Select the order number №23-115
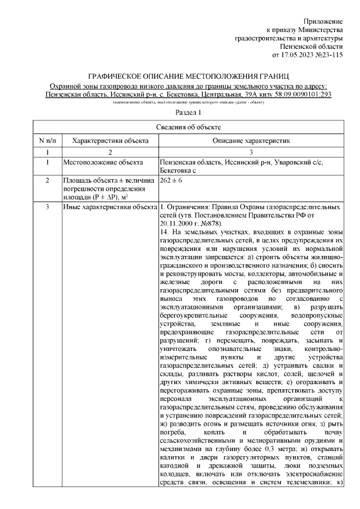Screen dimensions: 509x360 tap(329, 55)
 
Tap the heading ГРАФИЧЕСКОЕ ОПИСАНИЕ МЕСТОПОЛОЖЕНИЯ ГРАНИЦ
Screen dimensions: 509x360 tap(188, 75)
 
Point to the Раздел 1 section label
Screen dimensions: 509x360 tap(188, 113)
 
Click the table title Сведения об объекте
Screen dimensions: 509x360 tap(188, 128)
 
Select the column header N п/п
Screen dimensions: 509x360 tap(47, 140)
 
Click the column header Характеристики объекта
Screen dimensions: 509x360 tap(110, 140)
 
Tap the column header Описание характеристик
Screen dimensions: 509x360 tap(251, 140)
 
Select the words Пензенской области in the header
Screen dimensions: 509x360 tap(311, 46)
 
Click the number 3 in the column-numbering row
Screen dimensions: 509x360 tap(251, 152)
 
